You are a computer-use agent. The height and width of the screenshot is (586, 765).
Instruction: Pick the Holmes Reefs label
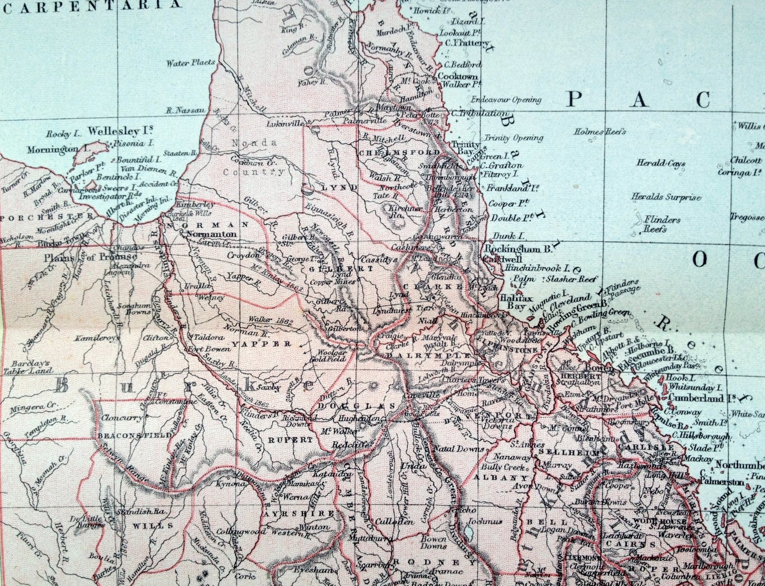coord(601,131)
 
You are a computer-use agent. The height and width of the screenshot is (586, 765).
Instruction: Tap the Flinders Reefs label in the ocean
coord(661,224)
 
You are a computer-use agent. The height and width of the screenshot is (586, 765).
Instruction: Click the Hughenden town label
coord(357,419)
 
